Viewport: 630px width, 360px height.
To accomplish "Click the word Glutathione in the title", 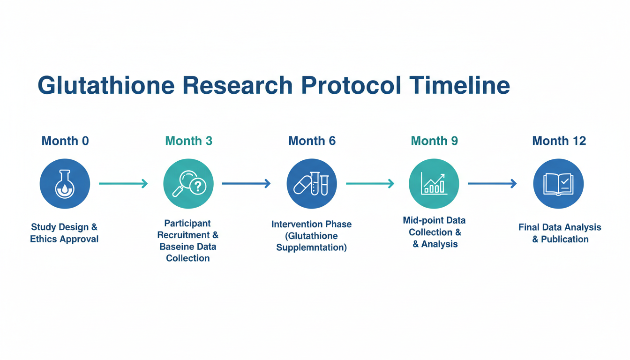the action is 106,85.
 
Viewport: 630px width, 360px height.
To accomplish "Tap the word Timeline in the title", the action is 459,85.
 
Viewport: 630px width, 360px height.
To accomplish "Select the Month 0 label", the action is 65,141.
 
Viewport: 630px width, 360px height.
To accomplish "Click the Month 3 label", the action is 189,141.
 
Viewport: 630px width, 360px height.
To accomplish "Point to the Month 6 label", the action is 312,141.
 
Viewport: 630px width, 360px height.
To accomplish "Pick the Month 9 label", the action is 434,141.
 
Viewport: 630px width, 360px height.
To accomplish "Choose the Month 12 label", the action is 559,141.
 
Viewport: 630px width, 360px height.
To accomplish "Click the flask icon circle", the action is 65,184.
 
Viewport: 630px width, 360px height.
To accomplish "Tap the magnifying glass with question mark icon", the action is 188,184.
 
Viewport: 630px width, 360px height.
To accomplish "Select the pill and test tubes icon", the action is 312,184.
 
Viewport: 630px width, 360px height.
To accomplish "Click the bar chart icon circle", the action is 434,184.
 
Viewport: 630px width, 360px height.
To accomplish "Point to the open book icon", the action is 559,184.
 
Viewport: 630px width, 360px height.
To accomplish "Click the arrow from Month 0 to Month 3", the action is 123,184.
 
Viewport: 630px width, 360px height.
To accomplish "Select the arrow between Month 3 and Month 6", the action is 247,184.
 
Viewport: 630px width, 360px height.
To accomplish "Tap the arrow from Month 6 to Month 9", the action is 370,184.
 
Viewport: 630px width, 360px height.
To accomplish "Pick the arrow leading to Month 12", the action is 493,184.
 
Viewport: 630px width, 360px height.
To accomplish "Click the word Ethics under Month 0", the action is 44,239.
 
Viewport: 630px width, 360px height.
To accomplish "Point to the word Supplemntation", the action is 311,247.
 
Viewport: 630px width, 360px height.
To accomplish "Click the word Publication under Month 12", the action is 565,240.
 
